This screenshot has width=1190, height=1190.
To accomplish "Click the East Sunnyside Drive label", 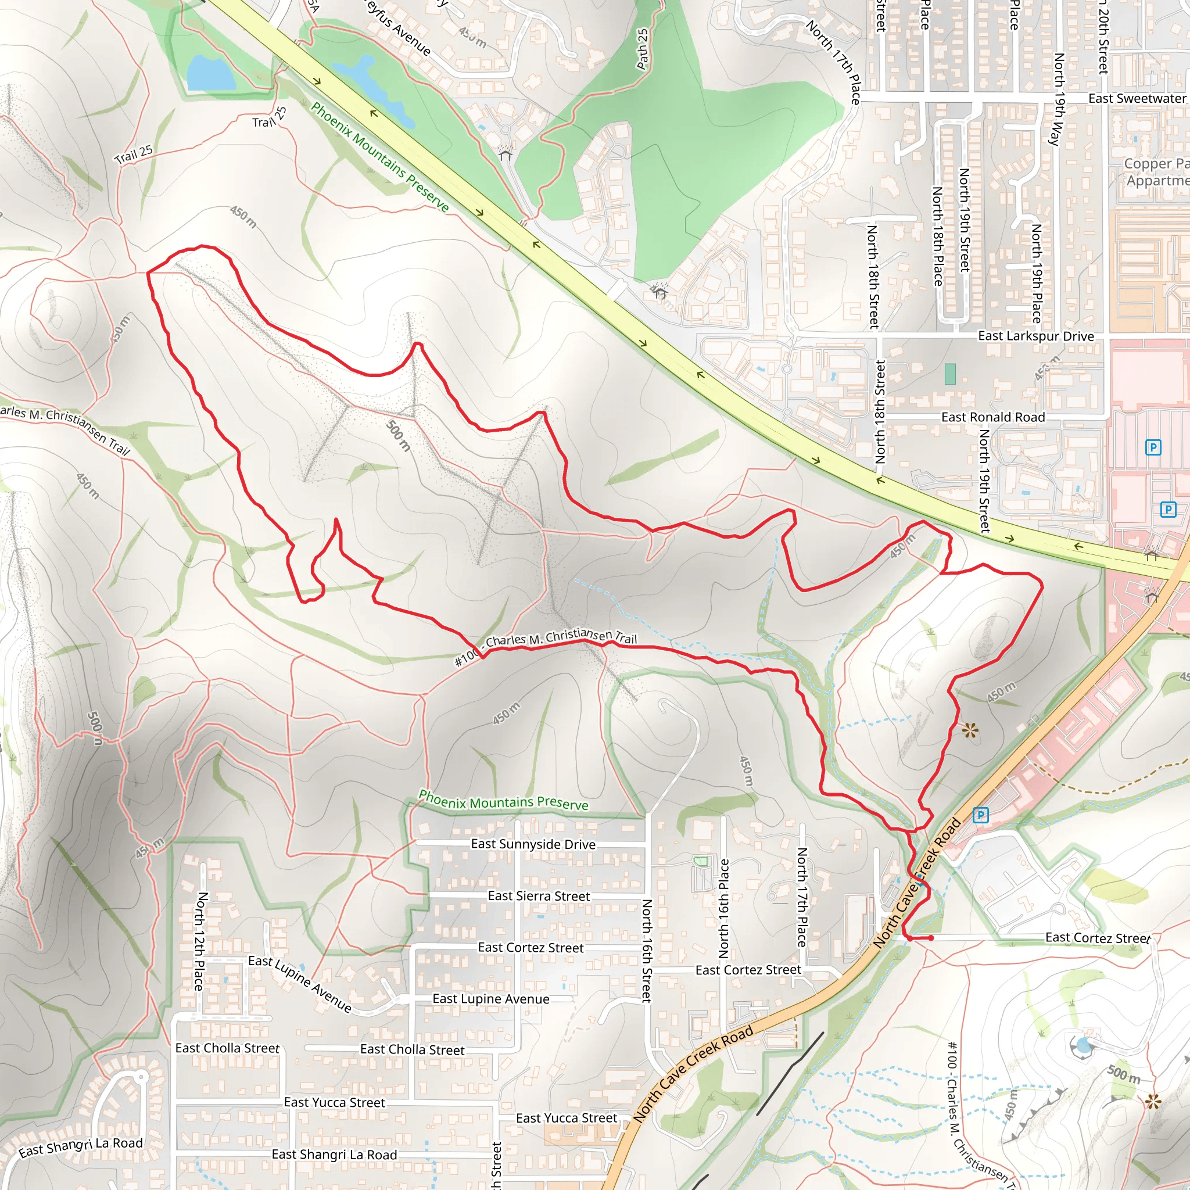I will [533, 844].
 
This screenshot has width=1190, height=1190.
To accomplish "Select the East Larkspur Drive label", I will [1036, 336].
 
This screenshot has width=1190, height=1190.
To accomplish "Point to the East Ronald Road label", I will [993, 417].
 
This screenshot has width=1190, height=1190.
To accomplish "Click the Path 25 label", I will [643, 49].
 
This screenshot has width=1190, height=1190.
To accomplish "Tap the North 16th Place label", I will [725, 909].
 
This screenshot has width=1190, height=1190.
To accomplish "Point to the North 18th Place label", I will [937, 236].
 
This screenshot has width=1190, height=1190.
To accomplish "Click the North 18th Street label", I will [873, 277].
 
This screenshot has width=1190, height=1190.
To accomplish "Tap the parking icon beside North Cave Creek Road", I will [981, 815].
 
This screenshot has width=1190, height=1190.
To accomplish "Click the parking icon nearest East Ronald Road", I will [1153, 447].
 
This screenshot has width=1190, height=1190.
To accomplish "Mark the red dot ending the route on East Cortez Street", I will [931, 938].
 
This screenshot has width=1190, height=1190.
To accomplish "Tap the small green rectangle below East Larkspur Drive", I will [950, 374].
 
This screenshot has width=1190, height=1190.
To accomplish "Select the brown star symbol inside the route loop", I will [970, 731].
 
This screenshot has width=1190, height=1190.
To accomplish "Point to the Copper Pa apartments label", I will [1156, 172].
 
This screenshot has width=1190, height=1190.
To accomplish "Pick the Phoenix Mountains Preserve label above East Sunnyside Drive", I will [503, 800].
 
